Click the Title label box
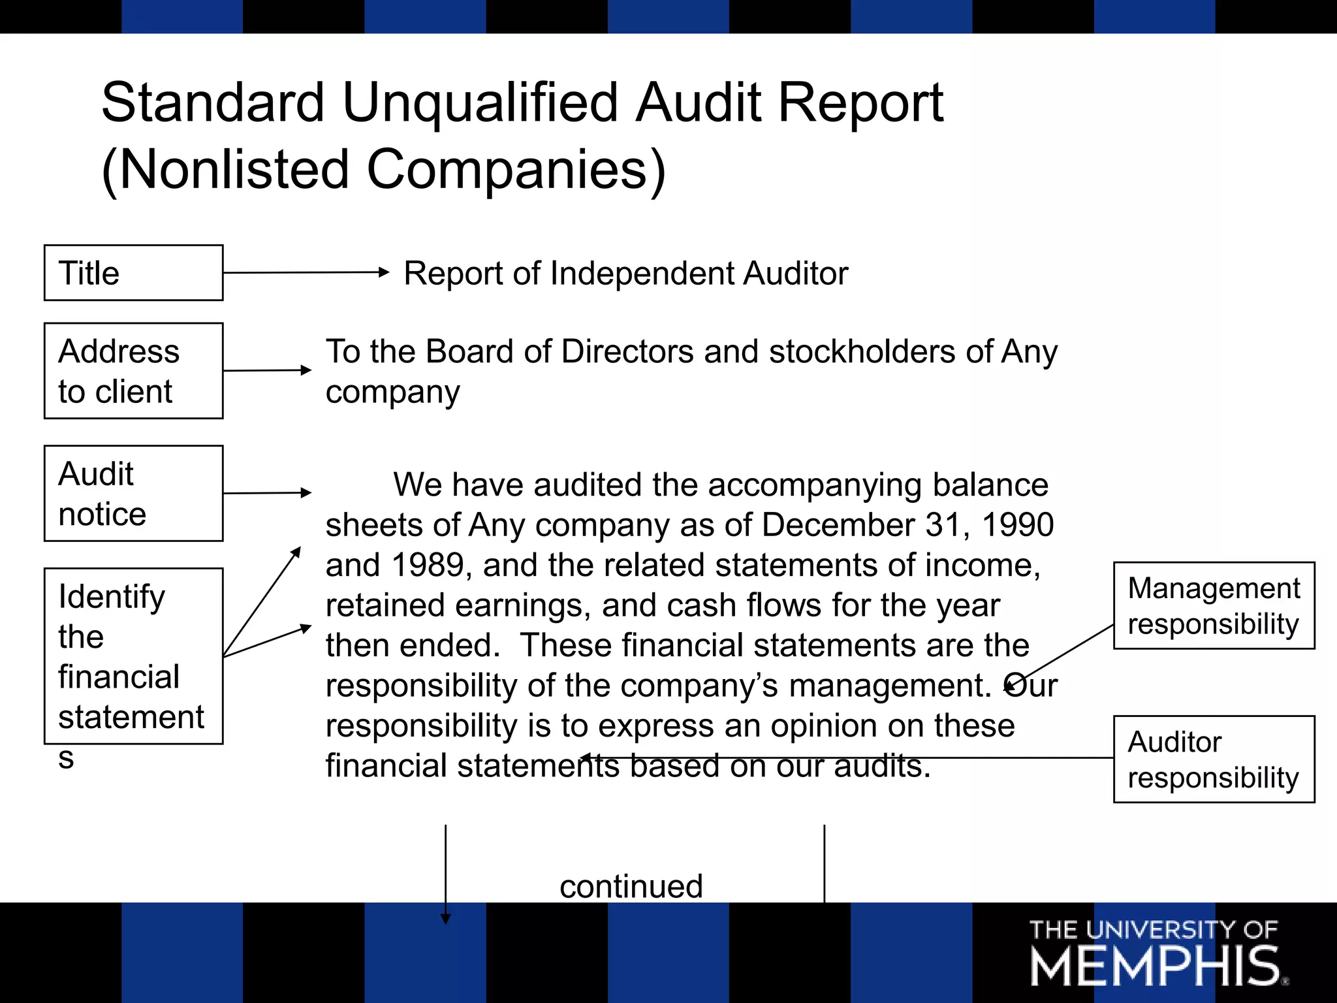(x=133, y=273)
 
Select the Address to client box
(x=133, y=371)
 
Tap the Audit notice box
(x=133, y=494)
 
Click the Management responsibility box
(x=1214, y=606)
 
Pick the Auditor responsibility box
(x=1214, y=759)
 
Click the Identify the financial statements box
(x=133, y=656)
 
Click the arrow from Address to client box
(x=267, y=370)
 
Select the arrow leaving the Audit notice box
(x=267, y=493)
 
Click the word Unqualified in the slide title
(x=480, y=103)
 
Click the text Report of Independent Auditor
(x=625, y=273)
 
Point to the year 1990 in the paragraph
(x=1017, y=525)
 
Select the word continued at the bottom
(x=631, y=886)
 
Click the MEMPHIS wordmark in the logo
(x=1155, y=967)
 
